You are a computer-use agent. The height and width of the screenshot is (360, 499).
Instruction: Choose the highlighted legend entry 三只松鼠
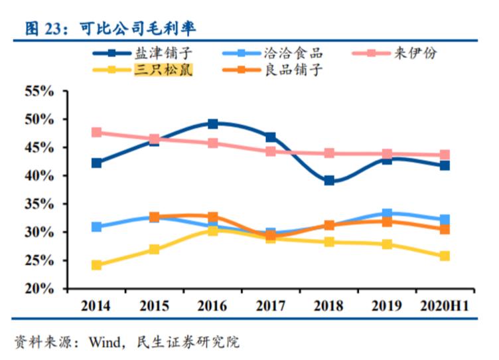163,68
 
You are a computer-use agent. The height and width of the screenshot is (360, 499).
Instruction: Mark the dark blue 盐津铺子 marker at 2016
212,124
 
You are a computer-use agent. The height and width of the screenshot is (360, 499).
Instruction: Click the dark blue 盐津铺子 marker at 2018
329,181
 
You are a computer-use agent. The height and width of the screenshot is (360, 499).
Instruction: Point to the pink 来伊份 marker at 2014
97,132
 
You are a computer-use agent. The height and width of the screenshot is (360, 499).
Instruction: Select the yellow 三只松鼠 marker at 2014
97,265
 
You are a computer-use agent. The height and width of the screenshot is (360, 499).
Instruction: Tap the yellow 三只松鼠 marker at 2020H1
445,256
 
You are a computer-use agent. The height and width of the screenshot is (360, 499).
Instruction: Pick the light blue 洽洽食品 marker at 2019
387,214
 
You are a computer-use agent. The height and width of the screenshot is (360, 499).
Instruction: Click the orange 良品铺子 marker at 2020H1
445,229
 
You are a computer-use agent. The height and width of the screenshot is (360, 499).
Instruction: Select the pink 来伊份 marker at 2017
271,151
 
